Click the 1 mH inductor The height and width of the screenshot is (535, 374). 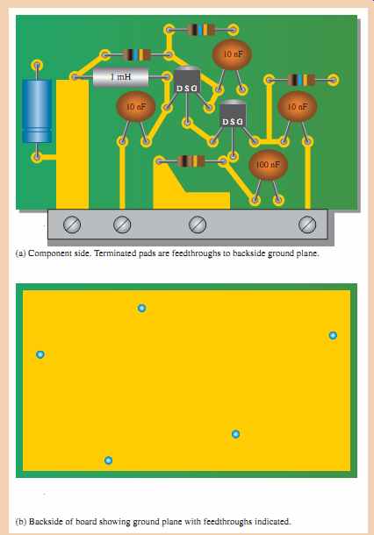tap(120, 77)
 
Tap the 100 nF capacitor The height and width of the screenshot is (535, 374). tap(268, 165)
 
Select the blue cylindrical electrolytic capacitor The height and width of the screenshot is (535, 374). tap(37, 111)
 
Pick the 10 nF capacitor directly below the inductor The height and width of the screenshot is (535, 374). tap(136, 106)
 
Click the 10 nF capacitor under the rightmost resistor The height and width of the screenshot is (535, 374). tap(297, 106)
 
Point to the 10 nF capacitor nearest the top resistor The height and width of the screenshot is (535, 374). tap(233, 53)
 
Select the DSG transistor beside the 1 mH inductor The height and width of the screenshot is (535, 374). tap(187, 80)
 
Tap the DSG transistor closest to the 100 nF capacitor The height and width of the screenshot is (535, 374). tap(233, 113)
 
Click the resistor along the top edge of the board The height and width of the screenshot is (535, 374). tap(202, 30)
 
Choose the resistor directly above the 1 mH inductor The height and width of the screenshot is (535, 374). tap(137, 54)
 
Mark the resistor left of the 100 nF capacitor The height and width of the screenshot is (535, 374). tap(191, 161)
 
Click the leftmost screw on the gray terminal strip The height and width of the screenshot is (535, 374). tap(72, 225)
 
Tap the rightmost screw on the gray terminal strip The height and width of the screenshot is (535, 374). tap(307, 225)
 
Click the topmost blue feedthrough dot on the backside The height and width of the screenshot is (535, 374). tap(141, 309)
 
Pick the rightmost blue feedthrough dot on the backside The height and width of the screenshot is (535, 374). tap(333, 335)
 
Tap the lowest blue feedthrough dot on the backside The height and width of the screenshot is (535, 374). tap(108, 460)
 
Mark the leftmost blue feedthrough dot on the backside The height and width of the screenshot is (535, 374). tap(40, 354)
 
